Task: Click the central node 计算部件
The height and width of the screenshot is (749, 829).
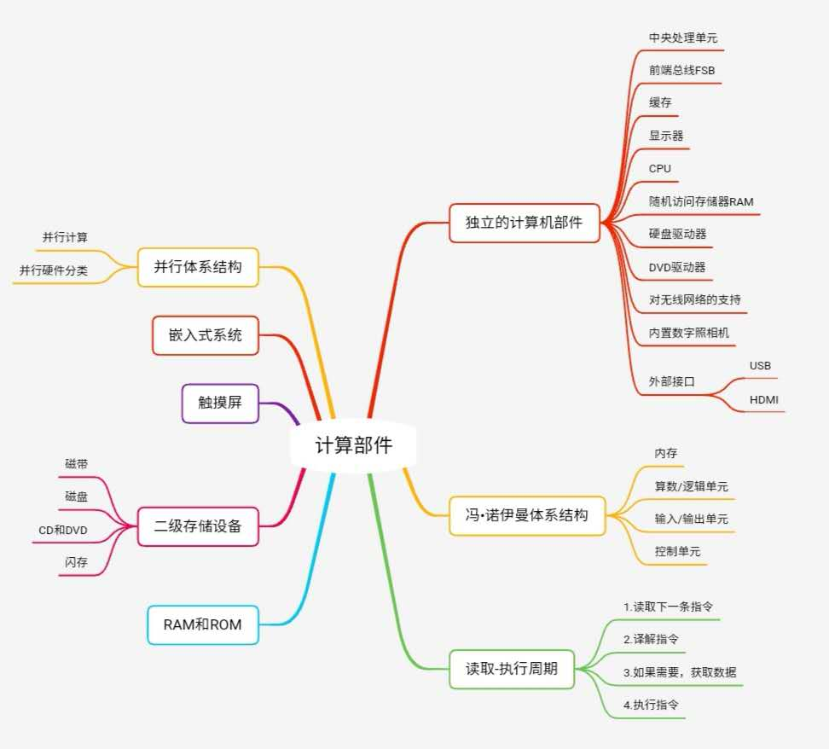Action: pos(354,445)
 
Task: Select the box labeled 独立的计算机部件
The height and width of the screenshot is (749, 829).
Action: pos(524,223)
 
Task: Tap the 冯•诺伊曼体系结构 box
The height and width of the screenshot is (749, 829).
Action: pos(526,515)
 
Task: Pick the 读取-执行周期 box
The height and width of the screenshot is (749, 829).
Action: pos(512,669)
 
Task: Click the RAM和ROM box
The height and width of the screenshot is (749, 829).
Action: pos(202,624)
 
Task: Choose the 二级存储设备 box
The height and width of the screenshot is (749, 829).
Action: pos(198,526)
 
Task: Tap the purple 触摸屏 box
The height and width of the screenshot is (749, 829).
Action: pos(220,403)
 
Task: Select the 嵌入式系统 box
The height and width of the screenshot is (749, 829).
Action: pos(205,335)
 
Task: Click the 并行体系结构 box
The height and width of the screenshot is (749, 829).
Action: pos(198,267)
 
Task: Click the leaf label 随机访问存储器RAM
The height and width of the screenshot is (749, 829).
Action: pos(700,201)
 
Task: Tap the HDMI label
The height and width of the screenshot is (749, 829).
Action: pos(763,399)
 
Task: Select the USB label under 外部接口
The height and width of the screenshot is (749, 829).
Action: pos(760,366)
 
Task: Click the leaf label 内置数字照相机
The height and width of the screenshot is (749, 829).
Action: pos(688,333)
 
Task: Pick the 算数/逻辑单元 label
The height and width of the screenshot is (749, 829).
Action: pos(691,486)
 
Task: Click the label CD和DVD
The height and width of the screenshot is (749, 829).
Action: pos(63,531)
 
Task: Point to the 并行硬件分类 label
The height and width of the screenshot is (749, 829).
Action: pos(54,271)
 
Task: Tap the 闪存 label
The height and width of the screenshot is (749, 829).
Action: pos(76,562)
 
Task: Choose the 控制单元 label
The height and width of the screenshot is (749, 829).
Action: pos(677,551)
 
